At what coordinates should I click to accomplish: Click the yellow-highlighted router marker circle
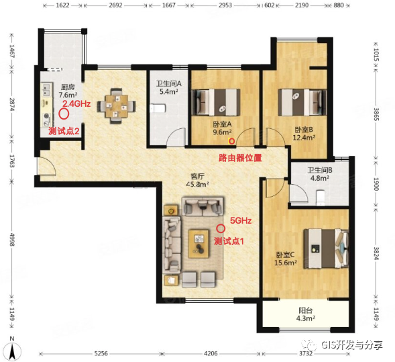[231, 142]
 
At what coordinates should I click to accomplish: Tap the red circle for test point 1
[221, 228]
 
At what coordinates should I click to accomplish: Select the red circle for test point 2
[64, 114]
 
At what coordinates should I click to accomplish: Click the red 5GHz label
[241, 221]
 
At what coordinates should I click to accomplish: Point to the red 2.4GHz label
[76, 103]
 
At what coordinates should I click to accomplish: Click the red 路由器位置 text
[240, 158]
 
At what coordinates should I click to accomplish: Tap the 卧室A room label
[222, 124]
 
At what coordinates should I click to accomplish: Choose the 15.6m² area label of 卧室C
[285, 263]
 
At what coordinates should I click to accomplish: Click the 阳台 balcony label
[305, 310]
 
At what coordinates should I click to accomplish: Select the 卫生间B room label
[320, 170]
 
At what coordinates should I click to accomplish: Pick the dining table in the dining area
[117, 106]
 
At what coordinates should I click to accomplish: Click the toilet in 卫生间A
[158, 109]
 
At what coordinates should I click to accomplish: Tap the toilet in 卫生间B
[320, 197]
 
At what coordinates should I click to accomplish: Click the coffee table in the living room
[199, 244]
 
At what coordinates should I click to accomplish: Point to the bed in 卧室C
[326, 248]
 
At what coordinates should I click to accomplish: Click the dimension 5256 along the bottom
[101, 354]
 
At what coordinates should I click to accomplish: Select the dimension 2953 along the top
[225, 5]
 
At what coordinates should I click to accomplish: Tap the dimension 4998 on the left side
[12, 240]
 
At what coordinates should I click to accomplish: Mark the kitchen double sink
[46, 90]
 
